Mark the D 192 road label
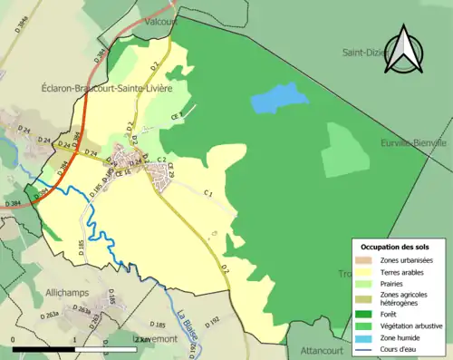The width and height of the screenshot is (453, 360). [x=212, y=319]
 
